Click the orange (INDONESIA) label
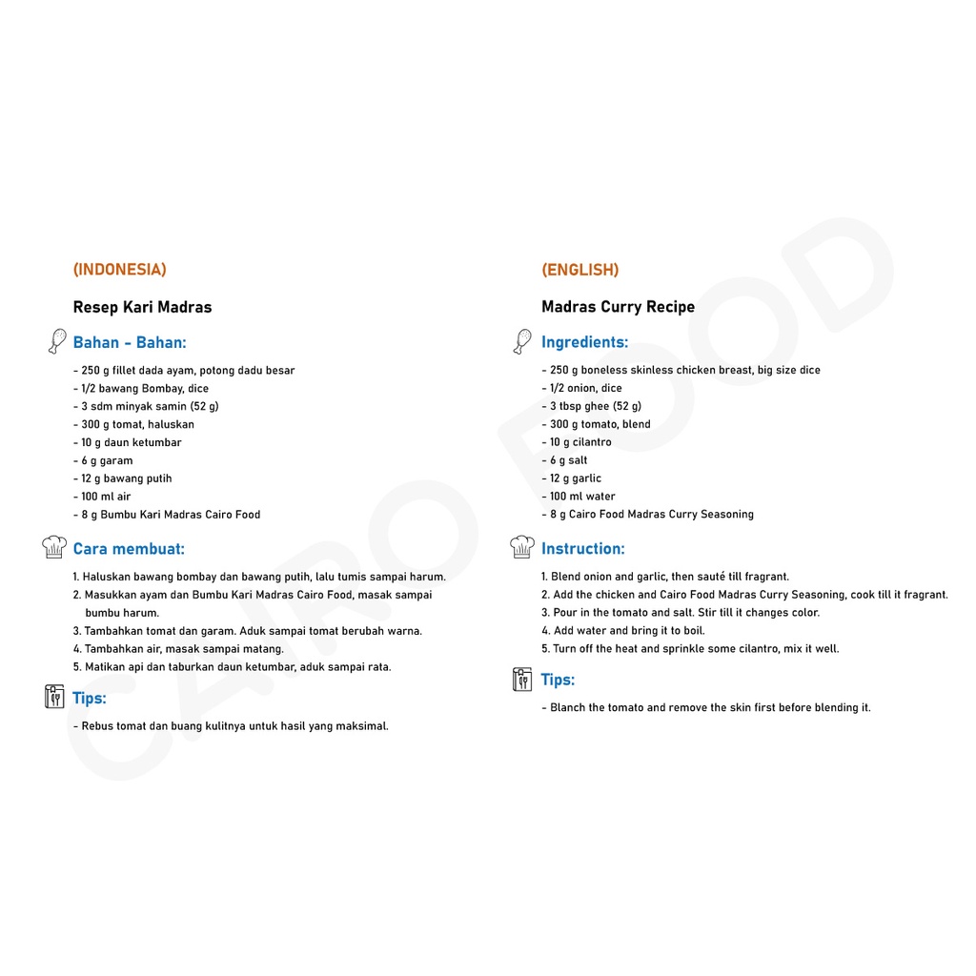click(x=120, y=270)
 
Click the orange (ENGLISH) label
click(x=580, y=270)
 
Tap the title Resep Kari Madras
click(x=143, y=307)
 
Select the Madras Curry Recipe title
click(x=619, y=307)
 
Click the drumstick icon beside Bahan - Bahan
click(x=56, y=341)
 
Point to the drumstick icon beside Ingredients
click(x=521, y=341)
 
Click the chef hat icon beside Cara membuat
click(x=54, y=547)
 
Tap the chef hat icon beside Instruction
click(x=521, y=547)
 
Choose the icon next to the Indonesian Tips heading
click(x=54, y=697)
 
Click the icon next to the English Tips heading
click(x=521, y=679)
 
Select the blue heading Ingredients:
click(x=585, y=342)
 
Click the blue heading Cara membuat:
click(x=129, y=549)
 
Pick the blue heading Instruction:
click(x=583, y=549)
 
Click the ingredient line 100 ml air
click(x=102, y=497)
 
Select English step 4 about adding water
click(x=623, y=631)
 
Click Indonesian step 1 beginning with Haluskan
click(x=259, y=577)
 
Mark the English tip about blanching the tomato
click(x=706, y=708)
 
